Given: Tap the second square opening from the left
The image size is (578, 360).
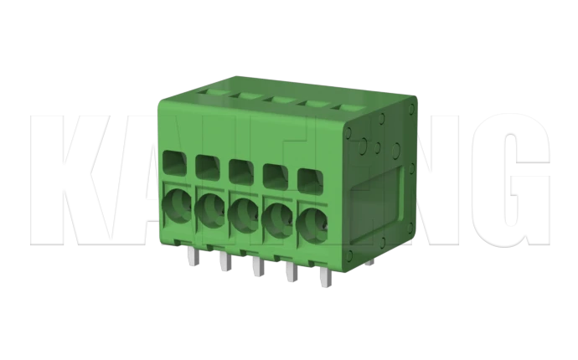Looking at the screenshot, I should coord(206,166).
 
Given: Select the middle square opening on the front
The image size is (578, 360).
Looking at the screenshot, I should coord(240,170).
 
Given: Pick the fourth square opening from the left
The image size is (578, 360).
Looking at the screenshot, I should coord(274,175).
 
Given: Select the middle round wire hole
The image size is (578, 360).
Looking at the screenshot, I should coord(242,213).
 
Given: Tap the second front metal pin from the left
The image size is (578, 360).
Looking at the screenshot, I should coord(223,261).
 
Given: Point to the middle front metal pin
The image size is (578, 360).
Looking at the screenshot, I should coord(255,268).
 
